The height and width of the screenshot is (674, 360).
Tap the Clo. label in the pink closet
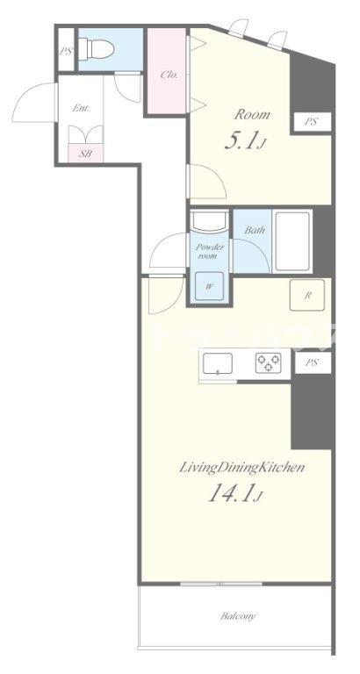coord(169,75)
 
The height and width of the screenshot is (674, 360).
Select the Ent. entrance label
coord(81,108)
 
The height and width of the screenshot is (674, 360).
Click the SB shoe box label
coord(85,153)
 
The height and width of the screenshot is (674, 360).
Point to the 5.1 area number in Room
coord(243,141)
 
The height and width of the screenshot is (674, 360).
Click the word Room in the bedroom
coord(252,115)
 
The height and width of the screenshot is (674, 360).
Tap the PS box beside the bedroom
coord(313,122)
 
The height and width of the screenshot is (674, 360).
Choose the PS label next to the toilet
coord(66,51)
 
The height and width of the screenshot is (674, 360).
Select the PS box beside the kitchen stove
coord(313,362)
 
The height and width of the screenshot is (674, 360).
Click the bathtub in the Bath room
coord(293,241)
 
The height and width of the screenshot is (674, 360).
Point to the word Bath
coord(255,230)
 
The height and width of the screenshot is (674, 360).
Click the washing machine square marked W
coord(210,286)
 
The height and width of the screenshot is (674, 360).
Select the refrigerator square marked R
coord(307,295)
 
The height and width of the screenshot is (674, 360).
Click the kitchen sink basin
coord(218,363)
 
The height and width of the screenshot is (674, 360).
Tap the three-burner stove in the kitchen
coord(269,362)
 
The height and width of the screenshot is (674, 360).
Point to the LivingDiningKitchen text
coord(241,468)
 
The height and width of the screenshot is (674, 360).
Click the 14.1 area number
coord(235,493)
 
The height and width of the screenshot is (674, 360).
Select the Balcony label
coord(238,616)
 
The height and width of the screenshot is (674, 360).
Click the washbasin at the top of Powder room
coord(210,221)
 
